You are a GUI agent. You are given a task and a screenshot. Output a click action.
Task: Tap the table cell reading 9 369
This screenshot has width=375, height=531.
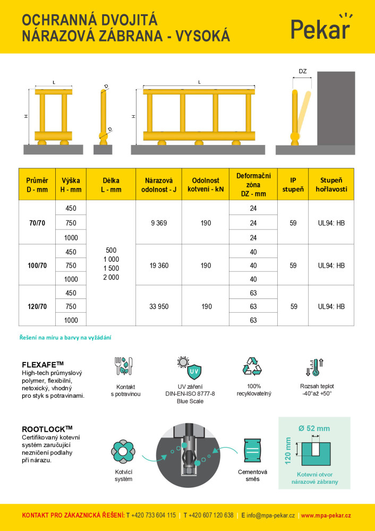click(x=159, y=223)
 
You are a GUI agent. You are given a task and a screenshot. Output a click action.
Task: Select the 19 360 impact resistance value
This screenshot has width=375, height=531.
click(x=159, y=265)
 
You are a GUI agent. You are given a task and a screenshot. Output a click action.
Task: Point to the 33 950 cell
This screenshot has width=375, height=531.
click(x=159, y=306)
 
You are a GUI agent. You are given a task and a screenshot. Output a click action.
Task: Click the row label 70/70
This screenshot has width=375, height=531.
click(x=37, y=223)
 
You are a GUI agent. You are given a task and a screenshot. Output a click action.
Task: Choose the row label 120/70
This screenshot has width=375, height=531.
click(x=37, y=306)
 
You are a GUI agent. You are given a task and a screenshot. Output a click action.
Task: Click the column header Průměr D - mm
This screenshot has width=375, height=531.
click(x=37, y=185)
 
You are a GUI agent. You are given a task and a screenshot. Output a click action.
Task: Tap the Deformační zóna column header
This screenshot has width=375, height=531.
click(x=253, y=185)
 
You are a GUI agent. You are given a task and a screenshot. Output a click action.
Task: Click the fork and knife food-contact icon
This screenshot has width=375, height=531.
click(x=124, y=367)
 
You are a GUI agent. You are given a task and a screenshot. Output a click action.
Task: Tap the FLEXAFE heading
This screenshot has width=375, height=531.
click(x=43, y=365)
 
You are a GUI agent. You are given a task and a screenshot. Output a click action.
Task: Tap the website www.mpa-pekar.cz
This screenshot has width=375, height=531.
click(x=326, y=515)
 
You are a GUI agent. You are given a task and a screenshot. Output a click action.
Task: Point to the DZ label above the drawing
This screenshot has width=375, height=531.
click(x=303, y=71)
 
